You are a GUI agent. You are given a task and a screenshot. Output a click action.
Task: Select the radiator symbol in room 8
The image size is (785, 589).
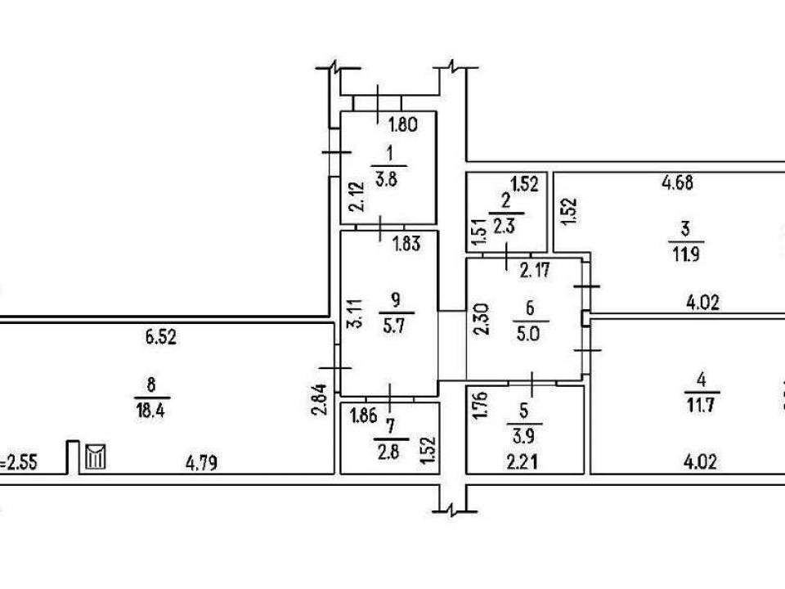coord(96,455)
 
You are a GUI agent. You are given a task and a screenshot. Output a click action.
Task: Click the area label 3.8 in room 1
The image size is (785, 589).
coord(391,182)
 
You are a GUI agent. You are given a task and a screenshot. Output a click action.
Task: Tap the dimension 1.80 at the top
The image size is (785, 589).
coord(403,125)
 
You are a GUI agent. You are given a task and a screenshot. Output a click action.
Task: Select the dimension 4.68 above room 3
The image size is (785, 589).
coord(677,183)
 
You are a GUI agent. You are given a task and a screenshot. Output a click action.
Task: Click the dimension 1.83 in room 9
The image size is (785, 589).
coord(409,243)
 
